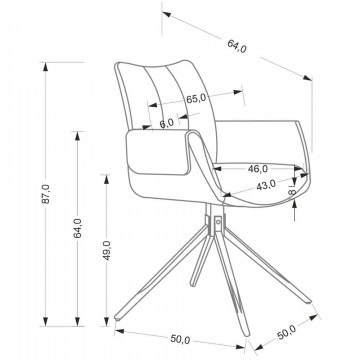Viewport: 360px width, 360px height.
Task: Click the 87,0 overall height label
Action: click(46, 194)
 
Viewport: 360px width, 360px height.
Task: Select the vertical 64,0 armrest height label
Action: click(77, 228)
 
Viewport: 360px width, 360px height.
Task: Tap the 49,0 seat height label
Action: click(107, 250)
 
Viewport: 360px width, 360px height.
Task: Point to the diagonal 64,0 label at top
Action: click(237, 46)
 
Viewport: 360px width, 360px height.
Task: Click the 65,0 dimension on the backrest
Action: click(196, 99)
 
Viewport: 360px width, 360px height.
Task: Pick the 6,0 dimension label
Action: click(166, 123)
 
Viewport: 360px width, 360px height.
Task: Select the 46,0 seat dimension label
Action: click(258, 169)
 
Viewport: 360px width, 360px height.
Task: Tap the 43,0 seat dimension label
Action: click(266, 185)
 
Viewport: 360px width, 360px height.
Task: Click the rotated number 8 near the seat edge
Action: click(292, 192)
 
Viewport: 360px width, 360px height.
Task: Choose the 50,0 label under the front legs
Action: click(180, 340)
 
